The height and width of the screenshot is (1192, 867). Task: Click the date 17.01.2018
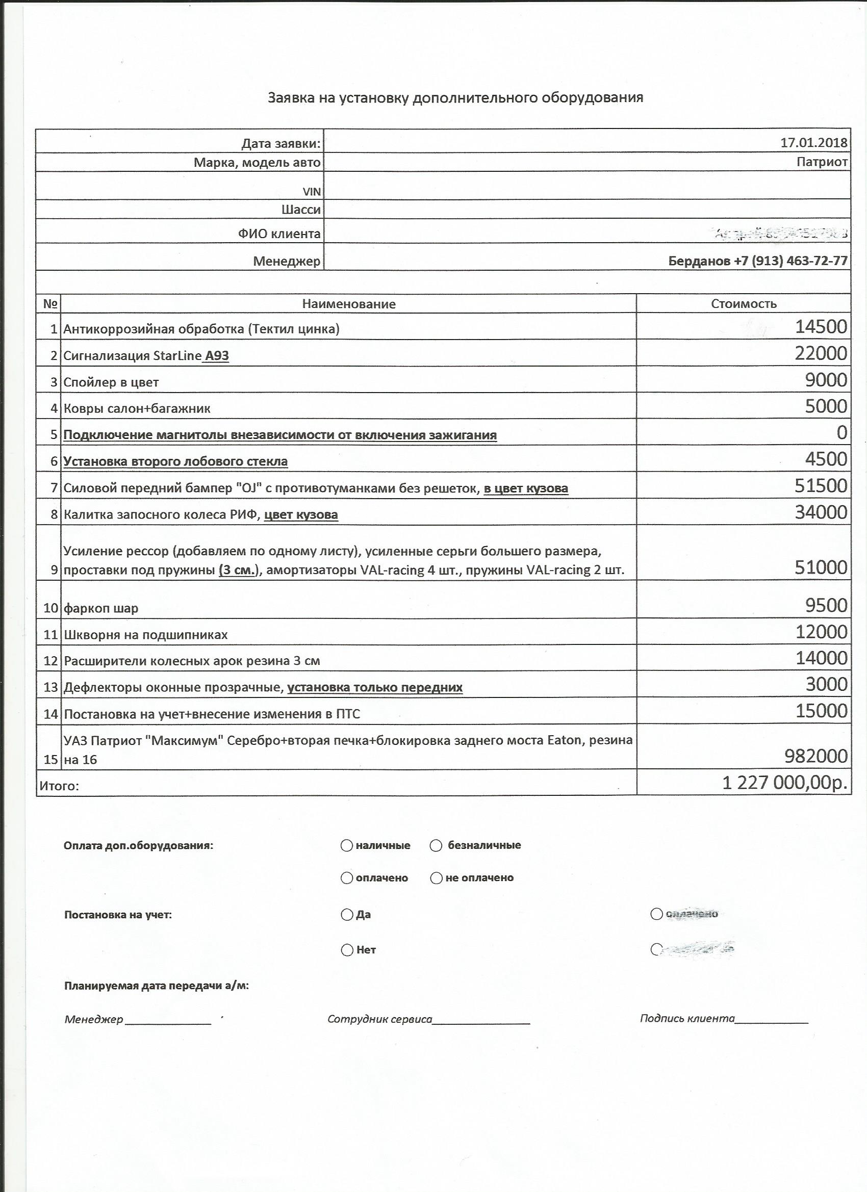click(x=813, y=142)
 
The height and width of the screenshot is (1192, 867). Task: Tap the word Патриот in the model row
click(x=822, y=162)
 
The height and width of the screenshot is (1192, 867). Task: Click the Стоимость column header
click(x=744, y=304)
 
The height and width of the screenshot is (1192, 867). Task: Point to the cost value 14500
click(x=821, y=327)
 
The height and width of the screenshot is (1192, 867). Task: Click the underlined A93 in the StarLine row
click(x=217, y=356)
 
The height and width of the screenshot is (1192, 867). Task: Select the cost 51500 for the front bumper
click(x=821, y=486)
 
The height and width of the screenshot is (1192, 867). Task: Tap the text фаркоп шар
click(x=101, y=609)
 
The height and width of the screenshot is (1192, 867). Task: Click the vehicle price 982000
click(x=816, y=756)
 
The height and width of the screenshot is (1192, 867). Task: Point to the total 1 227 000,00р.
click(x=785, y=783)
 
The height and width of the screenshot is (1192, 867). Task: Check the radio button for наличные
click(x=346, y=846)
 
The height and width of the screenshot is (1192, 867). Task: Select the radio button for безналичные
click(x=436, y=846)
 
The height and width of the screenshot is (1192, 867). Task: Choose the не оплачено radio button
click(x=436, y=878)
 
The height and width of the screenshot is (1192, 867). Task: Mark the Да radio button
click(x=346, y=915)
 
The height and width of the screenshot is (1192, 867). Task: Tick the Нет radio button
click(x=346, y=950)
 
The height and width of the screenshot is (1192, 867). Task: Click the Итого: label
click(x=59, y=786)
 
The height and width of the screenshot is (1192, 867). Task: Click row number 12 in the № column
click(x=50, y=661)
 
